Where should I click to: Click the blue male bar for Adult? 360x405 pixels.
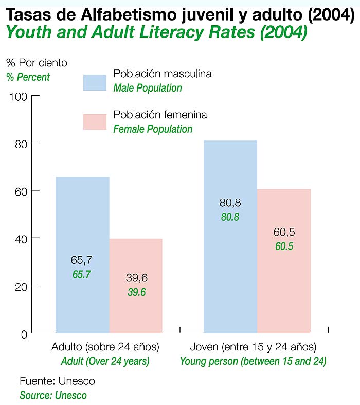pos(82,221)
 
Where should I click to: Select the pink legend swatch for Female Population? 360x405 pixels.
pos(95,122)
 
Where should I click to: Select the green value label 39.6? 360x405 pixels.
pos(137,292)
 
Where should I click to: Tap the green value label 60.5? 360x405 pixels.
pos(284,246)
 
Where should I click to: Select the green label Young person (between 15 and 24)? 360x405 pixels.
pos(253,361)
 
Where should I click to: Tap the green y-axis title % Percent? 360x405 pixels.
pos(28,77)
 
